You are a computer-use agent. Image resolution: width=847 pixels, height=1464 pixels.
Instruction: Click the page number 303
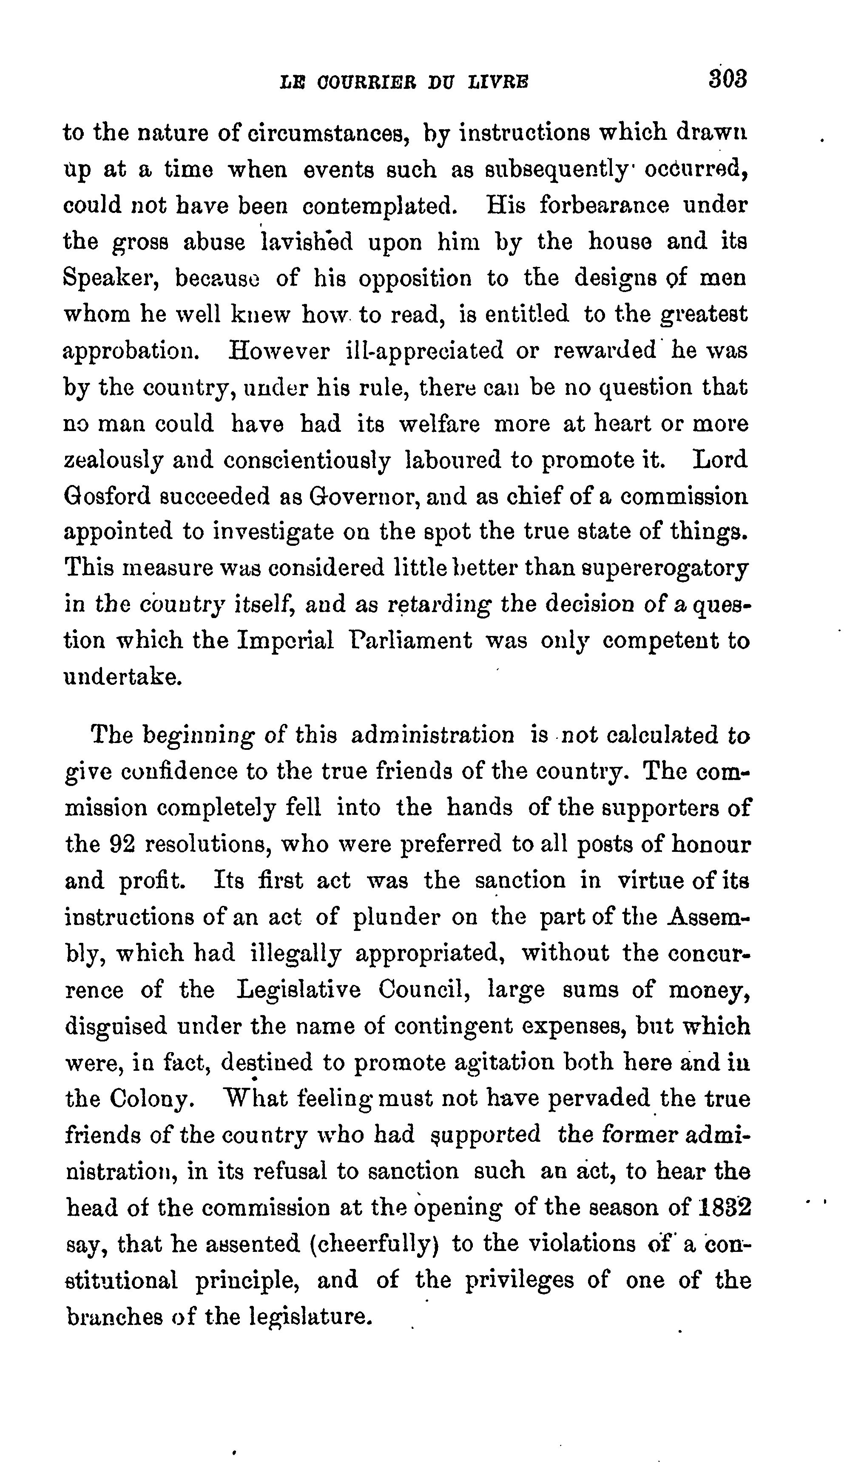pyautogui.click(x=727, y=79)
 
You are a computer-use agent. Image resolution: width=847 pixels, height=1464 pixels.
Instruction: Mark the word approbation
pyautogui.click(x=128, y=352)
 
